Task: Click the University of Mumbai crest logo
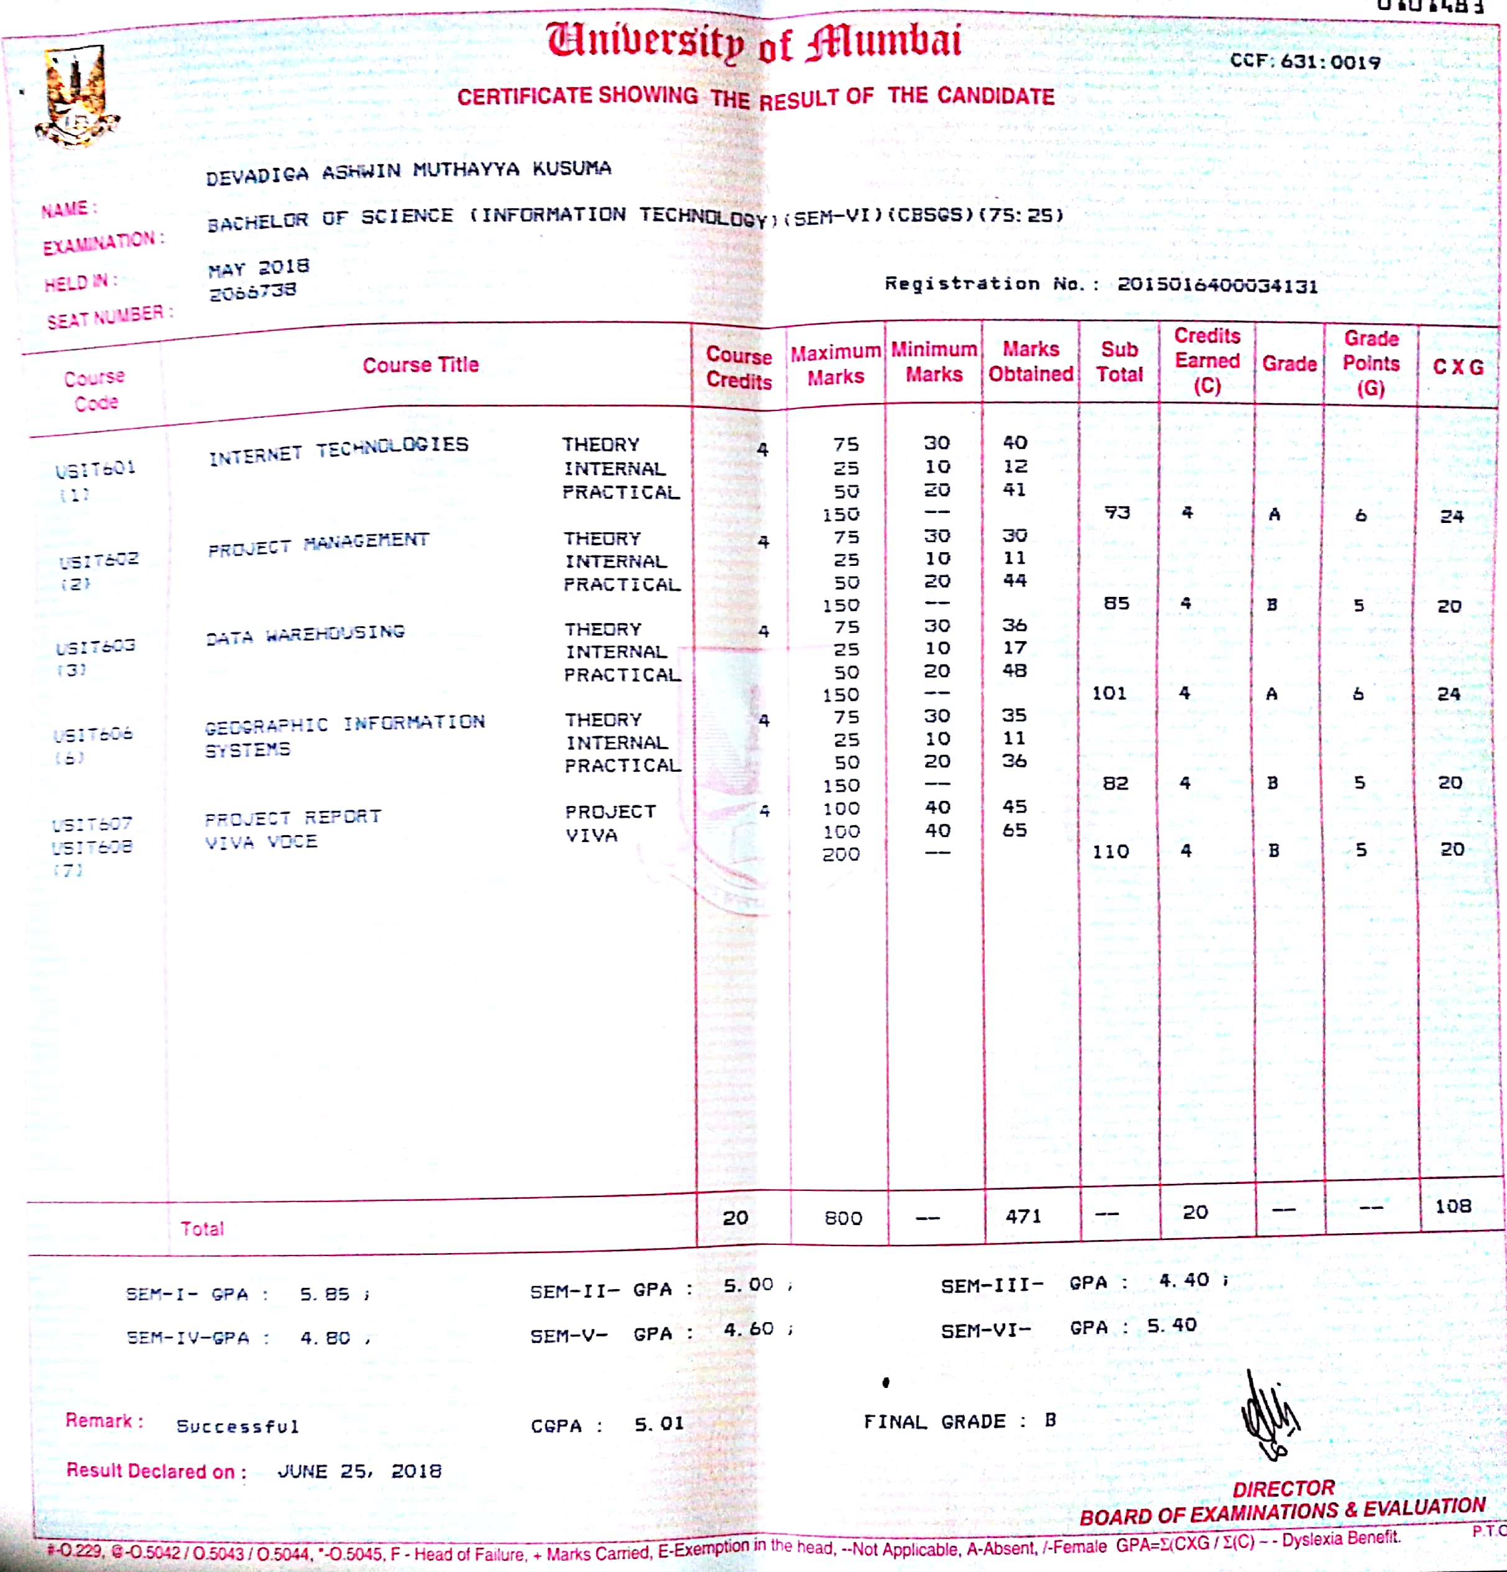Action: [76, 96]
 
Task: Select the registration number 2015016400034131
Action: [1217, 285]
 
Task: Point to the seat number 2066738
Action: [252, 291]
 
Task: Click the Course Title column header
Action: [420, 366]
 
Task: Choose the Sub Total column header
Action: [1119, 363]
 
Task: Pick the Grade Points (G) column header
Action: [1371, 363]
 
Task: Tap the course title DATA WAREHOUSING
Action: [305, 634]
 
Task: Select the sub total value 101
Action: [1109, 693]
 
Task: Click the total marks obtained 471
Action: [1023, 1216]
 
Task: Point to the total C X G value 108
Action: [1452, 1206]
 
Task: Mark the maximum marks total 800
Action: [843, 1218]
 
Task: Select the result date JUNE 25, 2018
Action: [359, 1471]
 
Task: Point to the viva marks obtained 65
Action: [1015, 830]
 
